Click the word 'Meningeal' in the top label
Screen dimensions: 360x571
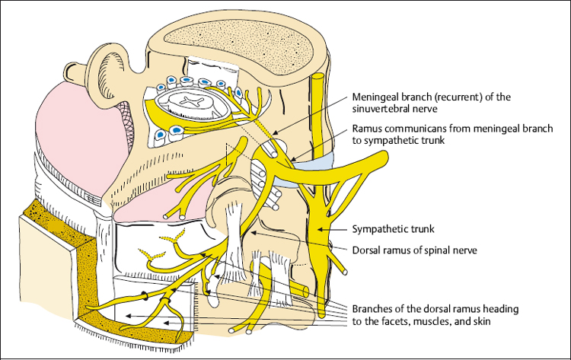(375, 97)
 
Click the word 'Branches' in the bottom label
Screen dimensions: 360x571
(372, 310)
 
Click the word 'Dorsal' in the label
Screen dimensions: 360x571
(366, 247)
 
